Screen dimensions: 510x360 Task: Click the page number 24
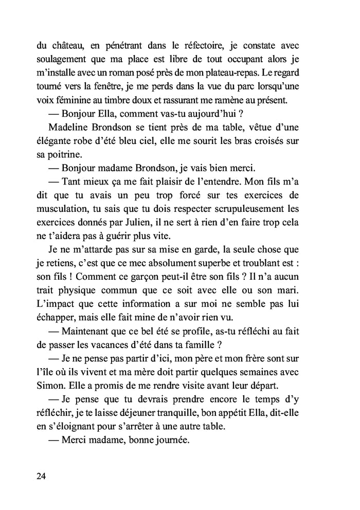point(42,476)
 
